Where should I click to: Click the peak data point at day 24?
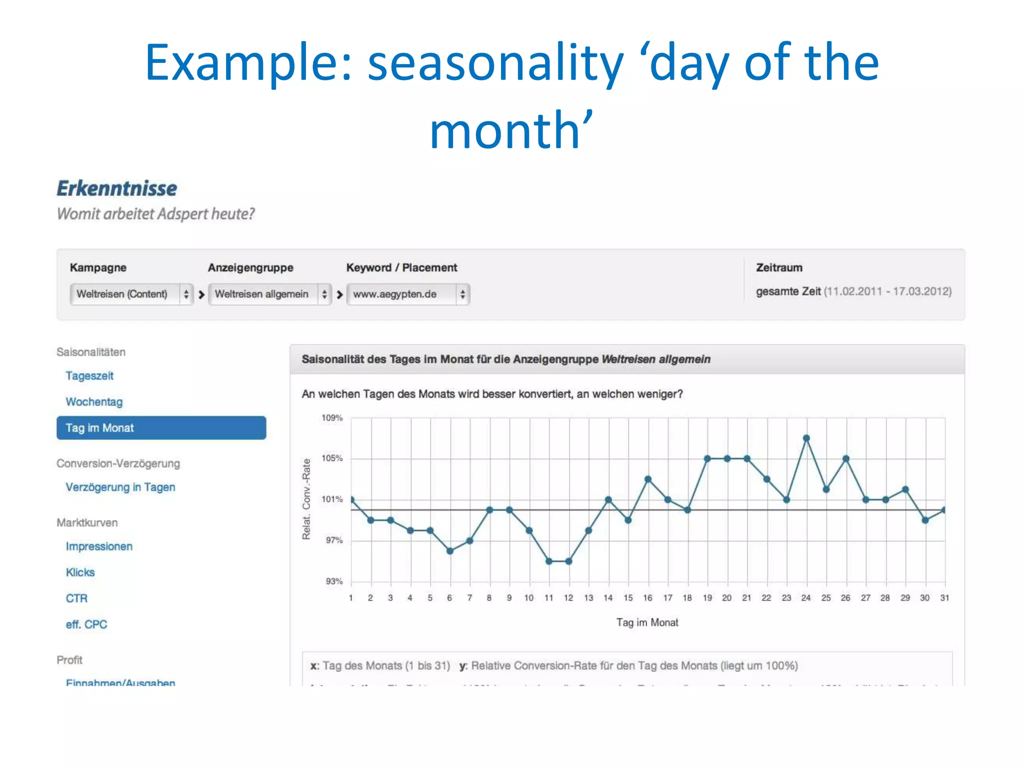click(806, 438)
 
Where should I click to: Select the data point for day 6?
click(449, 551)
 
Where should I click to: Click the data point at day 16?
click(647, 479)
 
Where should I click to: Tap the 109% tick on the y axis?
click(332, 418)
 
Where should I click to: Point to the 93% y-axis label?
click(334, 581)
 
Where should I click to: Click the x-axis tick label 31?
click(944, 598)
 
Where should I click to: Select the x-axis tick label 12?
click(568, 598)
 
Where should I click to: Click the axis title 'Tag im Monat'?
click(647, 622)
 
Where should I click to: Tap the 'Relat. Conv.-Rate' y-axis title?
click(306, 499)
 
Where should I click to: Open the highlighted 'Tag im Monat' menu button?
click(161, 428)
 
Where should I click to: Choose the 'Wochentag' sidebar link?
click(94, 402)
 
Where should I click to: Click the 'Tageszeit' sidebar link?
click(89, 376)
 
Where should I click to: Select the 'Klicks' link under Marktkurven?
click(80, 572)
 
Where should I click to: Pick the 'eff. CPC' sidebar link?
click(86, 624)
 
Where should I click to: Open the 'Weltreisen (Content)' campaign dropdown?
click(131, 294)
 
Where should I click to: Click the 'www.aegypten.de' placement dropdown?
click(408, 294)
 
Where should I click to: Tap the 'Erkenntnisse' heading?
click(116, 188)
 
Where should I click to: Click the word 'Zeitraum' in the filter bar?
click(779, 267)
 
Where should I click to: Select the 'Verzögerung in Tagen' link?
click(120, 487)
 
